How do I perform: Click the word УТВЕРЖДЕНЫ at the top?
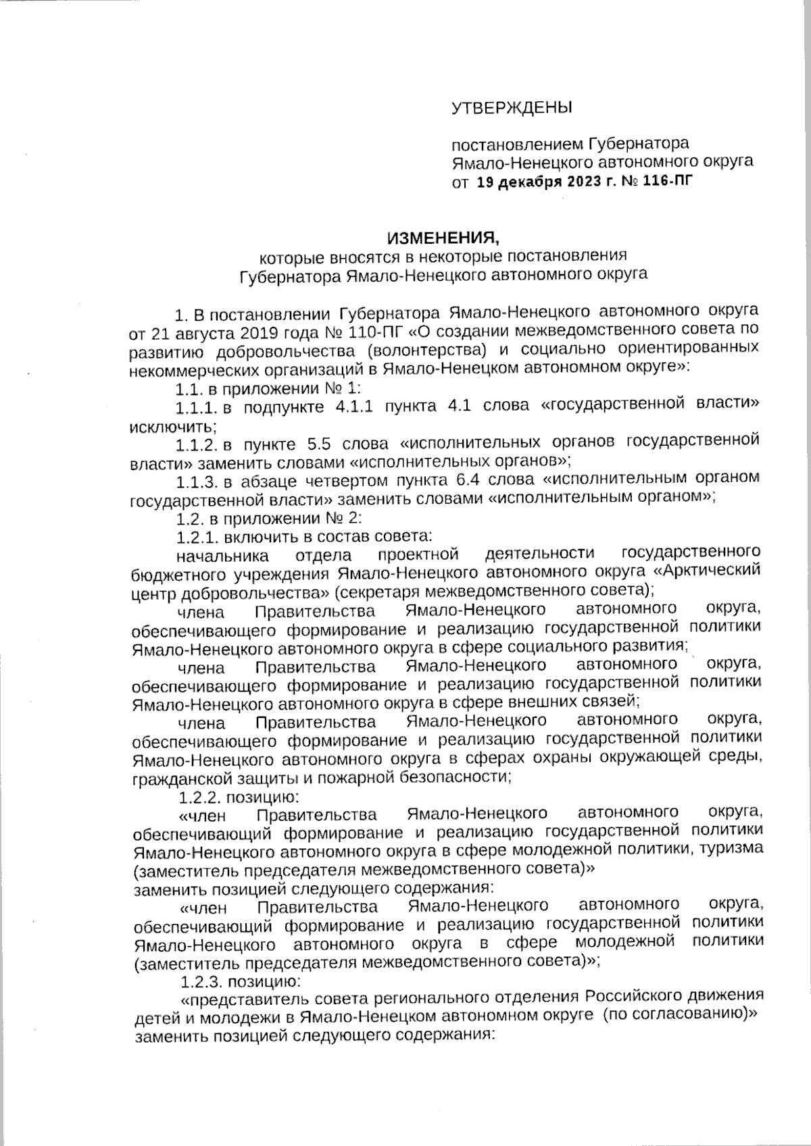pos(511,108)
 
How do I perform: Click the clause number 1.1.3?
pos(197,481)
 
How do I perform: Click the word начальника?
pos(222,555)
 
